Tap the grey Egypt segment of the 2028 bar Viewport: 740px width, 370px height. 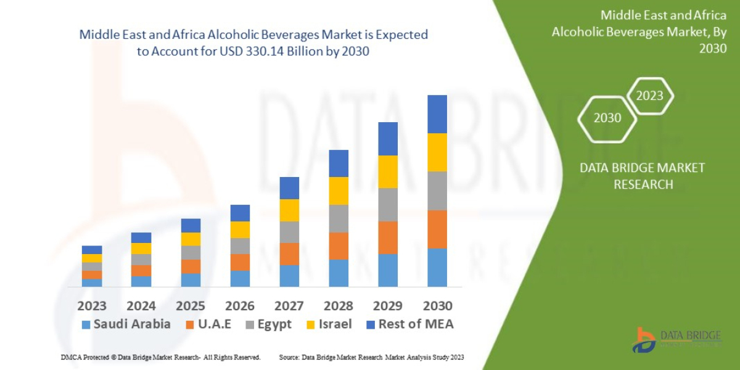[339, 218]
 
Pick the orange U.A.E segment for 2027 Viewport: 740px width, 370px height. [289, 254]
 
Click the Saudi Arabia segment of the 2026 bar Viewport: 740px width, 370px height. [240, 279]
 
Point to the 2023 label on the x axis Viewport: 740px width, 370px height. [92, 306]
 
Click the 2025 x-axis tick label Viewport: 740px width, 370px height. [191, 306]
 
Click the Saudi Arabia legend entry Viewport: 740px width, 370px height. [126, 324]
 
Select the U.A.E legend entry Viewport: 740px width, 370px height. [208, 324]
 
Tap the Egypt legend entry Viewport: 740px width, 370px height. [268, 324]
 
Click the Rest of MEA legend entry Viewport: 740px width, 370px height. [409, 324]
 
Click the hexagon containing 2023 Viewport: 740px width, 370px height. [650, 96]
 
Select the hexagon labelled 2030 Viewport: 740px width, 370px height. [607, 118]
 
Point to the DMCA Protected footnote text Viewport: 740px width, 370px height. [161, 358]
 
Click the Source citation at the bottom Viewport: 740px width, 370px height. [371, 358]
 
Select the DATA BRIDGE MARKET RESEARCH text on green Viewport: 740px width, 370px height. [643, 176]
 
